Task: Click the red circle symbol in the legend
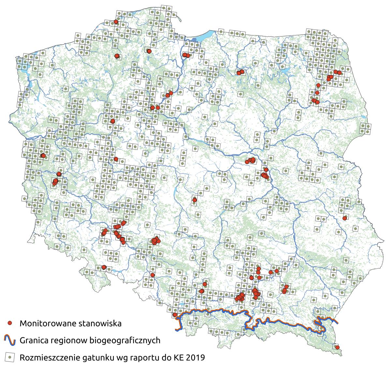pyautogui.click(x=10, y=323)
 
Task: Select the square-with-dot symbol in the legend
pyautogui.click(x=10, y=357)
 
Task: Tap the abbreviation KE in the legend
pyautogui.click(x=179, y=358)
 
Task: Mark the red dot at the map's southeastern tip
pyautogui.click(x=337, y=347)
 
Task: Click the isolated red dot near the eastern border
pyautogui.click(x=345, y=218)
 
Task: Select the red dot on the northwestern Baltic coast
pyautogui.click(x=116, y=22)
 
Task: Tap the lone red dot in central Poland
pyautogui.click(x=195, y=200)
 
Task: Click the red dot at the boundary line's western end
pyautogui.click(x=175, y=315)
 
